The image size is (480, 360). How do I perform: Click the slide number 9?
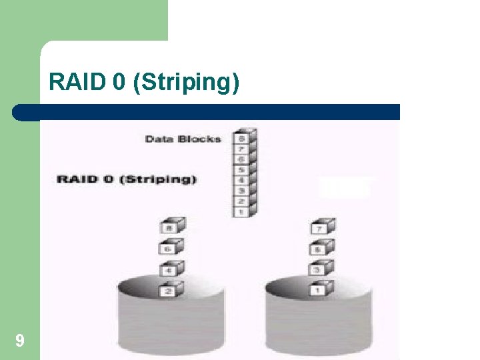[x=20, y=341]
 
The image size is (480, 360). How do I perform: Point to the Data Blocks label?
[x=183, y=139]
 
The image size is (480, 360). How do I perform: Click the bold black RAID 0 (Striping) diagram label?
[x=127, y=179]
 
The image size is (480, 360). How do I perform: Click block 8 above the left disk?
[x=170, y=228]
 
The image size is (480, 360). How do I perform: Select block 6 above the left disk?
[x=170, y=249]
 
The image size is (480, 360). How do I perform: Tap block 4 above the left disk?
[x=170, y=270]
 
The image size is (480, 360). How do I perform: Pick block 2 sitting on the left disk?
[x=170, y=291]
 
